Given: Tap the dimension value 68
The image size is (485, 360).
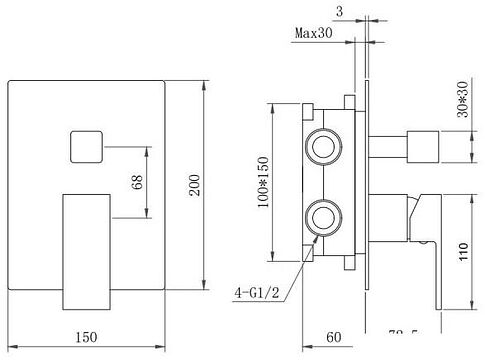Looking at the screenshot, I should (x=137, y=183).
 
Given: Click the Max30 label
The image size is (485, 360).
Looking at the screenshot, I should (x=314, y=33).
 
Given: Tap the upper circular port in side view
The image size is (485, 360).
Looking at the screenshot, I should (x=324, y=148).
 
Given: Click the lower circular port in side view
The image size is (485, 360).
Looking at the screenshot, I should (x=324, y=216).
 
